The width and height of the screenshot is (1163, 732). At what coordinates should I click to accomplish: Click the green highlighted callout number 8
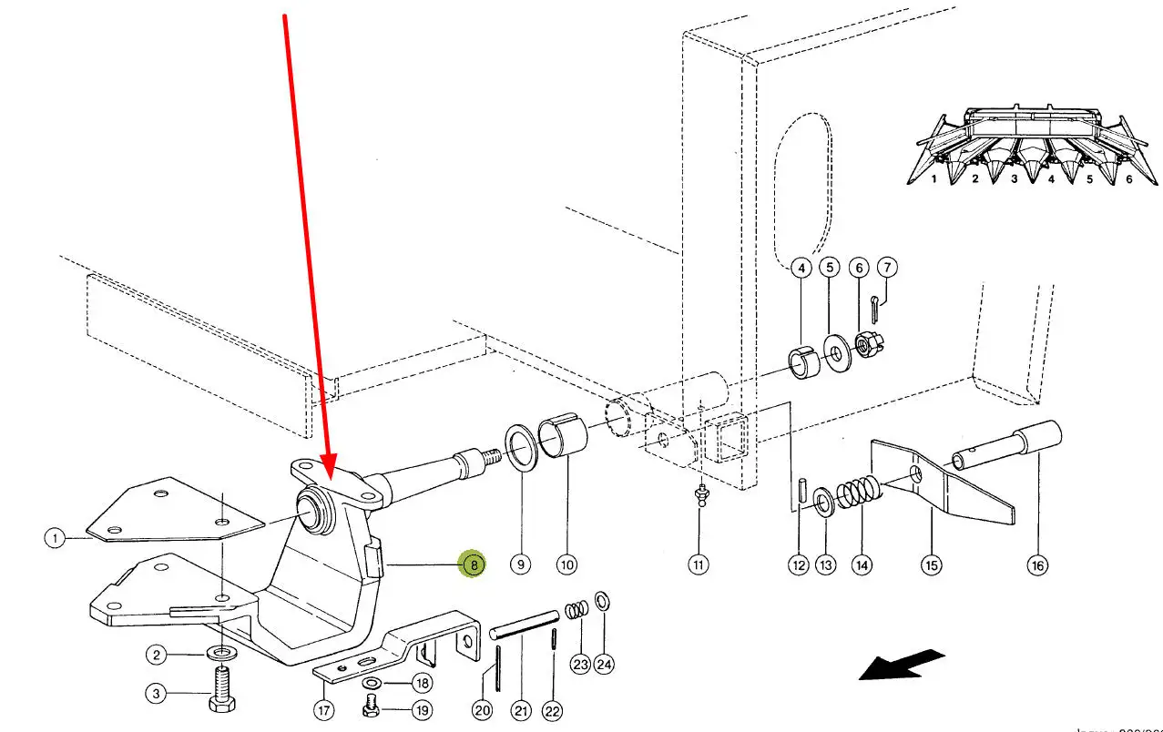(474, 564)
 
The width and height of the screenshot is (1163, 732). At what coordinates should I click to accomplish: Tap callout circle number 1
(56, 538)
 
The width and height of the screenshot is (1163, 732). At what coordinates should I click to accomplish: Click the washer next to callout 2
(219, 654)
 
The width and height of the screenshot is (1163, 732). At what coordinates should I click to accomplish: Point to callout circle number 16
(1037, 565)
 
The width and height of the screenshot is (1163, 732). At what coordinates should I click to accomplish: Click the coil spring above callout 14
(857, 494)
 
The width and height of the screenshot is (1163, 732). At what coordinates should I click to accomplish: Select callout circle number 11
(699, 565)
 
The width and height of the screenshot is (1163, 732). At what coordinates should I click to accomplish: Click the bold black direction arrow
(902, 665)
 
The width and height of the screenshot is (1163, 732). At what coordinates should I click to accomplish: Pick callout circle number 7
(887, 268)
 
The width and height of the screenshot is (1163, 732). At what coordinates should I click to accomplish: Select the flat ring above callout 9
(522, 448)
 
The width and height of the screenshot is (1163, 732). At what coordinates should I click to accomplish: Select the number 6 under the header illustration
(1129, 179)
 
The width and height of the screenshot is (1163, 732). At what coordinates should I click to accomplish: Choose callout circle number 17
(324, 709)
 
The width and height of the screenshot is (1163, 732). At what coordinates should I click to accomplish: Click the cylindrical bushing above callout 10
(565, 434)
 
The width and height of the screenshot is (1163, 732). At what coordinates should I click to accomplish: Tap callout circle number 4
(801, 269)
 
